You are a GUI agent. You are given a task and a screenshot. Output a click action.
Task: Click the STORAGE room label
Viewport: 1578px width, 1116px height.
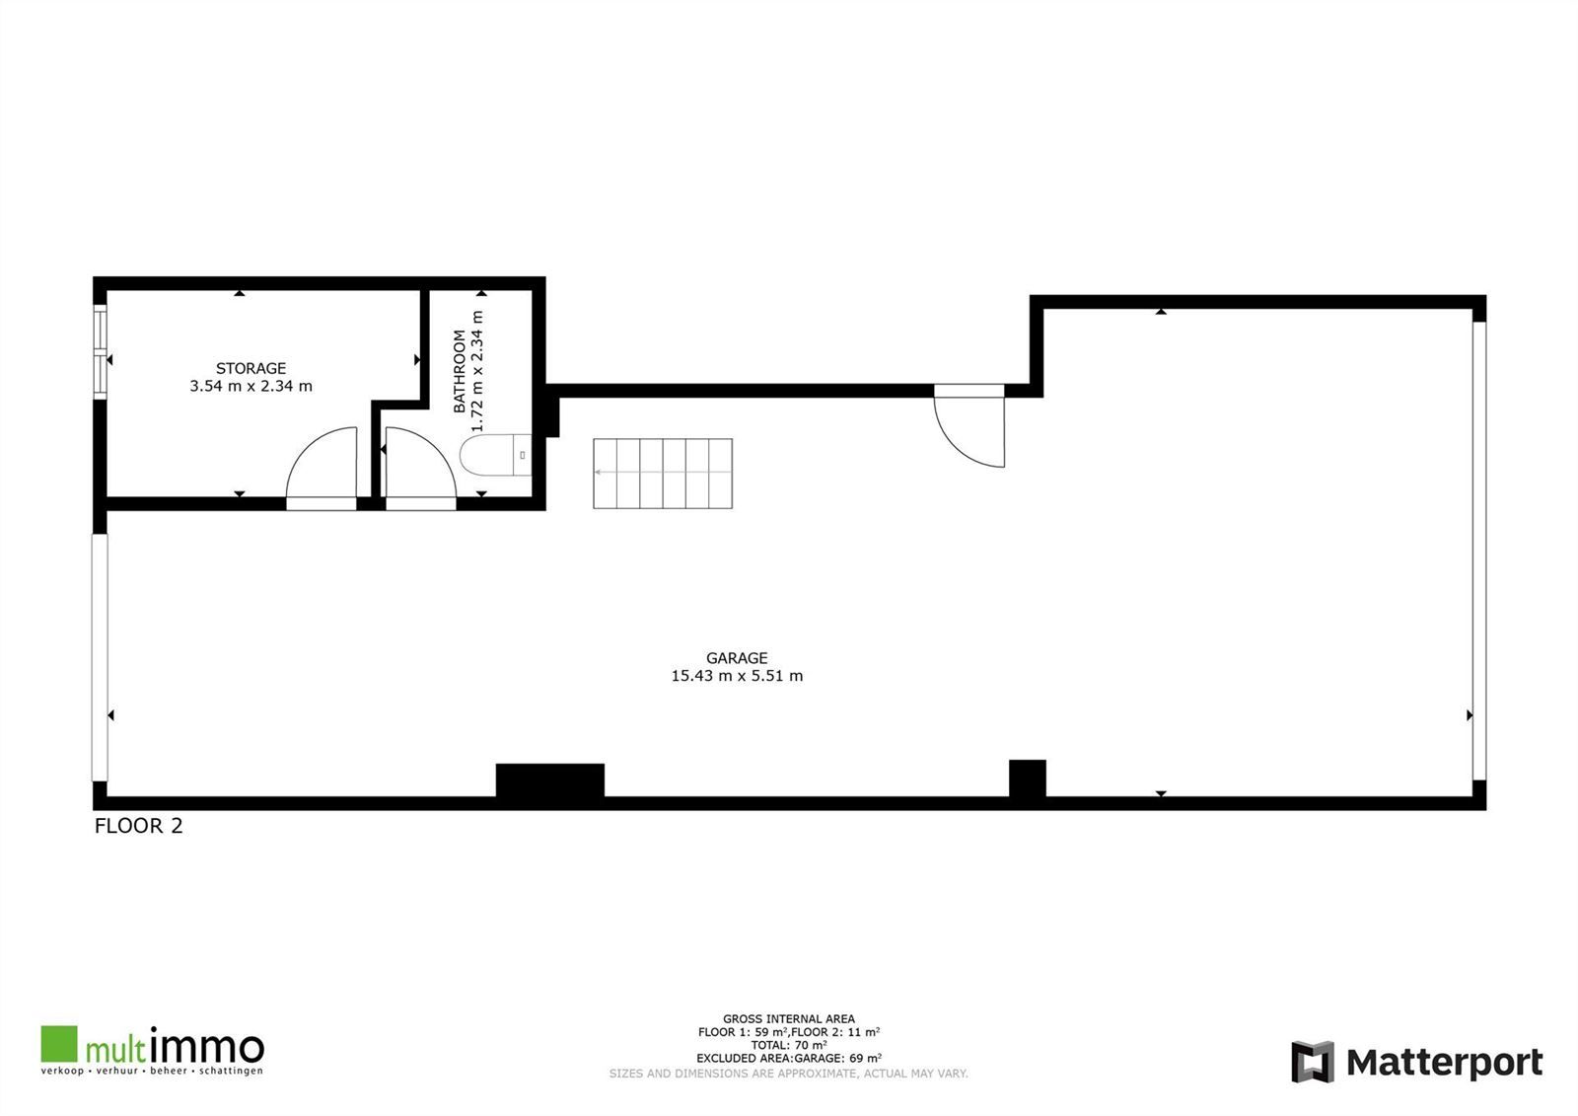[x=251, y=368]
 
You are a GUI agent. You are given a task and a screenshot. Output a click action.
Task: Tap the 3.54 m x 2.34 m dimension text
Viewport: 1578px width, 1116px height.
[x=251, y=386]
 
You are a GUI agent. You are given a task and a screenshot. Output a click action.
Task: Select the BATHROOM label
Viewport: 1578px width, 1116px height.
[x=459, y=371]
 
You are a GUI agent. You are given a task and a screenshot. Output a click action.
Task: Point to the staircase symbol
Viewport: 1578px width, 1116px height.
[x=662, y=474]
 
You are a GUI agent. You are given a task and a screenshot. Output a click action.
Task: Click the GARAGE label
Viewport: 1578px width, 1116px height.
[x=737, y=658]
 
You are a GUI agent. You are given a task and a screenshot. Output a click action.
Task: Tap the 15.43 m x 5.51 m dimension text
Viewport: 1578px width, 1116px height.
[x=737, y=676]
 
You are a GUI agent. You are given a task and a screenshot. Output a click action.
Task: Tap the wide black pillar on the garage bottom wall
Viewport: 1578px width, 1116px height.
[x=549, y=780]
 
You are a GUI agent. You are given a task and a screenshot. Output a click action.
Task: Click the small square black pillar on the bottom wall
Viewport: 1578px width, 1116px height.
[x=1027, y=778]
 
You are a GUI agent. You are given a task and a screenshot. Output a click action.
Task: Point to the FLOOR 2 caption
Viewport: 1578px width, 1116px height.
[x=138, y=826]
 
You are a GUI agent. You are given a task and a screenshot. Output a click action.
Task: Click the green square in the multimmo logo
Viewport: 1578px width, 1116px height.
[x=58, y=1044]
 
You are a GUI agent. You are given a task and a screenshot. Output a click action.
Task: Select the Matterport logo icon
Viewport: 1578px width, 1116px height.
[x=1312, y=1062]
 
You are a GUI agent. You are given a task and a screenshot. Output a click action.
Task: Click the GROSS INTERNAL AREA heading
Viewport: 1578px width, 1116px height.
[x=788, y=1019]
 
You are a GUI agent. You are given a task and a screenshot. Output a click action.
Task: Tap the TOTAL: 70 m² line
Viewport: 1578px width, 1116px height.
[x=788, y=1045]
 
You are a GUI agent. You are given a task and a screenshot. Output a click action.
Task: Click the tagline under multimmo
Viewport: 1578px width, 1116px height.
[x=152, y=1071]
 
